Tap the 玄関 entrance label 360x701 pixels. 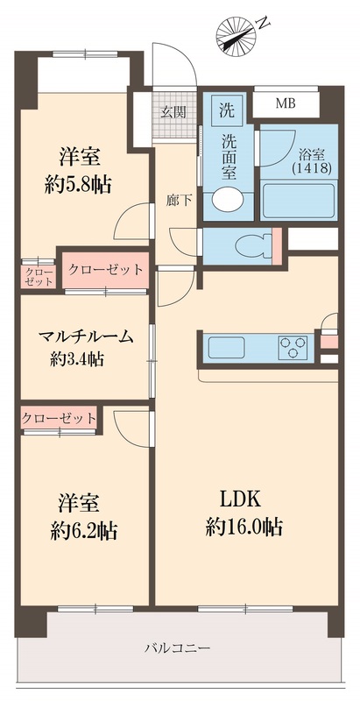[x=173, y=111]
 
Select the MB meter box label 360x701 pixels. [x=286, y=104]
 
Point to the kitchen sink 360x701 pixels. [x=227, y=346]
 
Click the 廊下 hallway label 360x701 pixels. [x=179, y=200]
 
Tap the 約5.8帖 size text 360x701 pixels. [x=79, y=185]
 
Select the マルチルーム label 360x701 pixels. [x=84, y=336]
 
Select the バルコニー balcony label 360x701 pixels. [x=178, y=648]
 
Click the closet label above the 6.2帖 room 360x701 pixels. [x=59, y=418]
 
